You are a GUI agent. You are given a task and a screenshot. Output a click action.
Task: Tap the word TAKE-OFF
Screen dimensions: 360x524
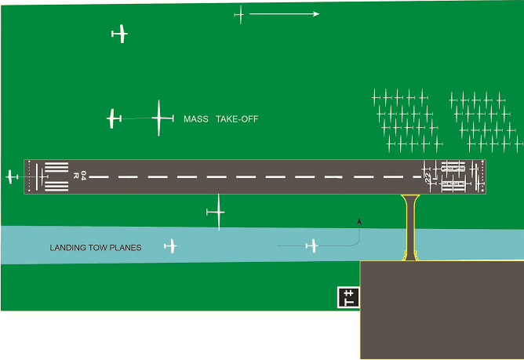[x=237, y=120]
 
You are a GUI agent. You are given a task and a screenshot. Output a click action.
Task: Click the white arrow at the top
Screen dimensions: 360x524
[x=284, y=14]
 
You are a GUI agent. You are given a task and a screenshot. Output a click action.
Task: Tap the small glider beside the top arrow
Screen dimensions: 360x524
[x=239, y=14]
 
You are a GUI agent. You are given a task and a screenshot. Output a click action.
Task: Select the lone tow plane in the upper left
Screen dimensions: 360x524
[x=119, y=34]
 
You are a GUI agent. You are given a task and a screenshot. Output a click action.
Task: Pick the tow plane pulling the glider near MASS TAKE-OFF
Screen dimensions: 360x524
[x=115, y=119]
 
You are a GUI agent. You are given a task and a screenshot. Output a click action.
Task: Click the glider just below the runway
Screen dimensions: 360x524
[x=216, y=213]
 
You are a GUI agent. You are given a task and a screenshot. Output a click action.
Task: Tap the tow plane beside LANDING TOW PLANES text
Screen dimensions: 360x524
[x=170, y=247]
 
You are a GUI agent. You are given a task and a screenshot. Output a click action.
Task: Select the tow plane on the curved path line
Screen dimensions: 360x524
[x=313, y=246]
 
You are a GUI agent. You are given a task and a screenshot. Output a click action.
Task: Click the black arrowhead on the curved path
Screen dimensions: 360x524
[x=359, y=222]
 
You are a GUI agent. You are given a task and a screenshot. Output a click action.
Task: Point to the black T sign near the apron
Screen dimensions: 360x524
[x=348, y=297]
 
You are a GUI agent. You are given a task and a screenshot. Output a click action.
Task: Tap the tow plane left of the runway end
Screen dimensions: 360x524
[x=12, y=176]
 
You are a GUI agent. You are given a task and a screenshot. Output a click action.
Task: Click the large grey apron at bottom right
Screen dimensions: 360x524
[x=441, y=310]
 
